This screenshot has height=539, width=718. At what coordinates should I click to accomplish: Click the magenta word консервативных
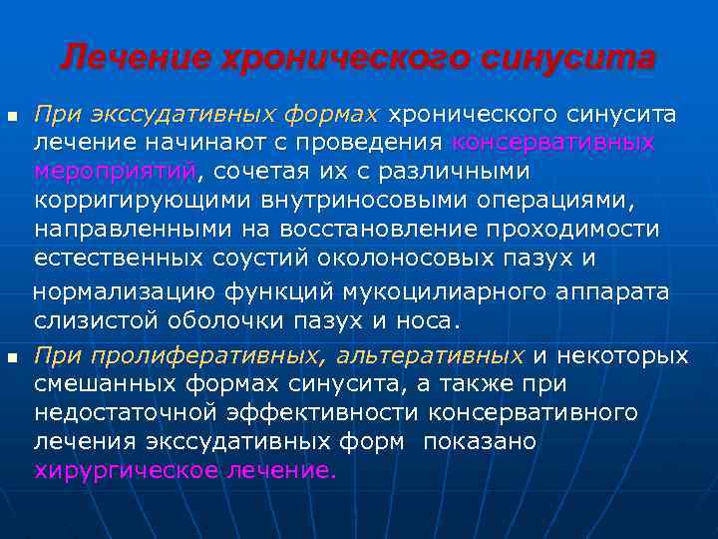(x=553, y=143)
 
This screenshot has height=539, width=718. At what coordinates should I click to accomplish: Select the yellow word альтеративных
(x=431, y=356)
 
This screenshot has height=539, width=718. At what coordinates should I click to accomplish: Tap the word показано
(x=480, y=442)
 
